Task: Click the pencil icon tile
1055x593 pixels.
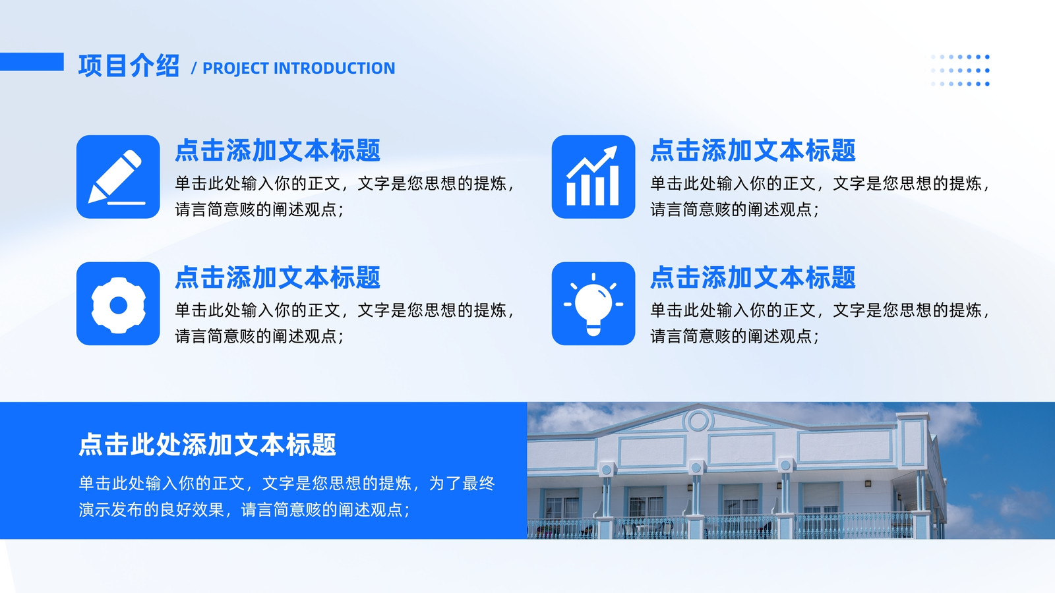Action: coord(118,177)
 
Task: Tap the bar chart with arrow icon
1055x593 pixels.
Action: coord(593,177)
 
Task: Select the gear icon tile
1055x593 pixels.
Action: coord(118,304)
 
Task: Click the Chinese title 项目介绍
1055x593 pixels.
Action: coord(129,65)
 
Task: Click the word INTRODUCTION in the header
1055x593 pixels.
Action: coord(334,69)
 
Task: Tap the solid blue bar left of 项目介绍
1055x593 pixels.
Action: coord(32,62)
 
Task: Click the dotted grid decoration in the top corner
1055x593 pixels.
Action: coord(961,70)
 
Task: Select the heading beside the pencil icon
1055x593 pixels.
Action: coord(278,151)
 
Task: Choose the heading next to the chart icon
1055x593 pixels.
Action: coord(752,151)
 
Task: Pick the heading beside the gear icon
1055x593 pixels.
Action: coord(278,277)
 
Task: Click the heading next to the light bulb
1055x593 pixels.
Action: coord(752,277)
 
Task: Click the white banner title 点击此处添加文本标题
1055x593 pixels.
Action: coord(207,445)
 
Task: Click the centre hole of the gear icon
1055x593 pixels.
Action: coord(118,306)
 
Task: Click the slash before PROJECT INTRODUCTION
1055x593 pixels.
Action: coord(194,69)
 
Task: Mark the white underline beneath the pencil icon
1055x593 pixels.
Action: coord(126,203)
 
